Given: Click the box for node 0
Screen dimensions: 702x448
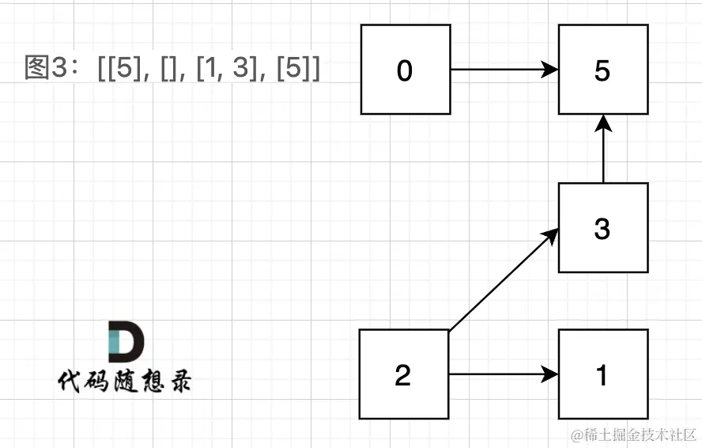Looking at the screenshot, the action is (x=406, y=70).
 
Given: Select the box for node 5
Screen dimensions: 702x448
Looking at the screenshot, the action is (x=603, y=70).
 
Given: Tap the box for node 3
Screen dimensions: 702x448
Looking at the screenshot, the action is (x=603, y=228).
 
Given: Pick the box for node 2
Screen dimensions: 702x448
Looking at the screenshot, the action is (x=404, y=374).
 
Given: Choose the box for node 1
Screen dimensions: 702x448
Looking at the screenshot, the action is (x=603, y=374).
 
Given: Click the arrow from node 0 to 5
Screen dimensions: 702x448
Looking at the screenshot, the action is (x=504, y=70).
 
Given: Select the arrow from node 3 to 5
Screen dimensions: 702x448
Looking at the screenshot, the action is (x=603, y=149).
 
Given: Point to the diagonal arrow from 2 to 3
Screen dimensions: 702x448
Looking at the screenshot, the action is (x=504, y=279).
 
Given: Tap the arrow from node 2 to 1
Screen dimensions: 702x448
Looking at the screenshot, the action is (x=504, y=374).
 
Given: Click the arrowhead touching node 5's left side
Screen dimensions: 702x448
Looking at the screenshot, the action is (x=550, y=70).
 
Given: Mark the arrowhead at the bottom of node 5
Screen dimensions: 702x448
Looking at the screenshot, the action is (x=603, y=123).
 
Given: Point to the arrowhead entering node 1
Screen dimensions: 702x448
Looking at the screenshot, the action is (x=550, y=374).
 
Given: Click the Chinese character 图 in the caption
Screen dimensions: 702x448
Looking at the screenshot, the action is (x=37, y=67).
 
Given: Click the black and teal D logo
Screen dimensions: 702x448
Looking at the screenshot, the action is (x=126, y=341).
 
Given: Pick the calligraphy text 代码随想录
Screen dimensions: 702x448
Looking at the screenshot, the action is (x=124, y=382).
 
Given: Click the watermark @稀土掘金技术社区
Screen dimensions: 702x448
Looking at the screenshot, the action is (x=633, y=434).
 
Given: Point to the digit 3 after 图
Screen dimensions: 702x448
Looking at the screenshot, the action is (x=59, y=68).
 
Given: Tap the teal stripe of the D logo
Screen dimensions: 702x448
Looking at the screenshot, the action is (x=114, y=341).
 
